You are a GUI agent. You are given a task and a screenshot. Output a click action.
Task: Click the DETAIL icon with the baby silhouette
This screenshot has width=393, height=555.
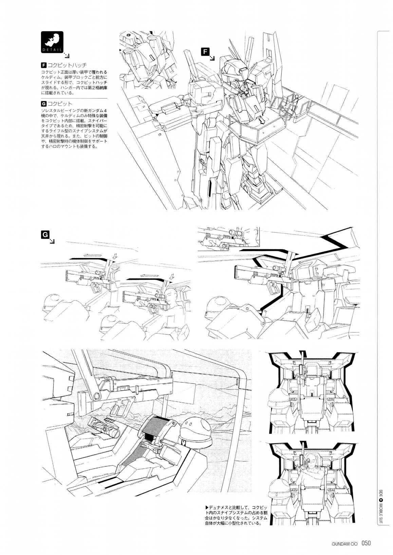pyautogui.click(x=52, y=42)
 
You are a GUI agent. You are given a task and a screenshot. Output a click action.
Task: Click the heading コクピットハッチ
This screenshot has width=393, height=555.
pyautogui.click(x=67, y=66)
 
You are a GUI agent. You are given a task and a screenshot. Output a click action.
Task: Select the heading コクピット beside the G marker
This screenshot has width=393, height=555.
pyautogui.click(x=60, y=104)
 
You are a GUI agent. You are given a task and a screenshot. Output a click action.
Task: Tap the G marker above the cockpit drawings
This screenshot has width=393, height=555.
pyautogui.click(x=45, y=234)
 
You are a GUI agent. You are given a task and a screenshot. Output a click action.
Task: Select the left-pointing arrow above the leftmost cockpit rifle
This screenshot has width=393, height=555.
pyautogui.click(x=93, y=255)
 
